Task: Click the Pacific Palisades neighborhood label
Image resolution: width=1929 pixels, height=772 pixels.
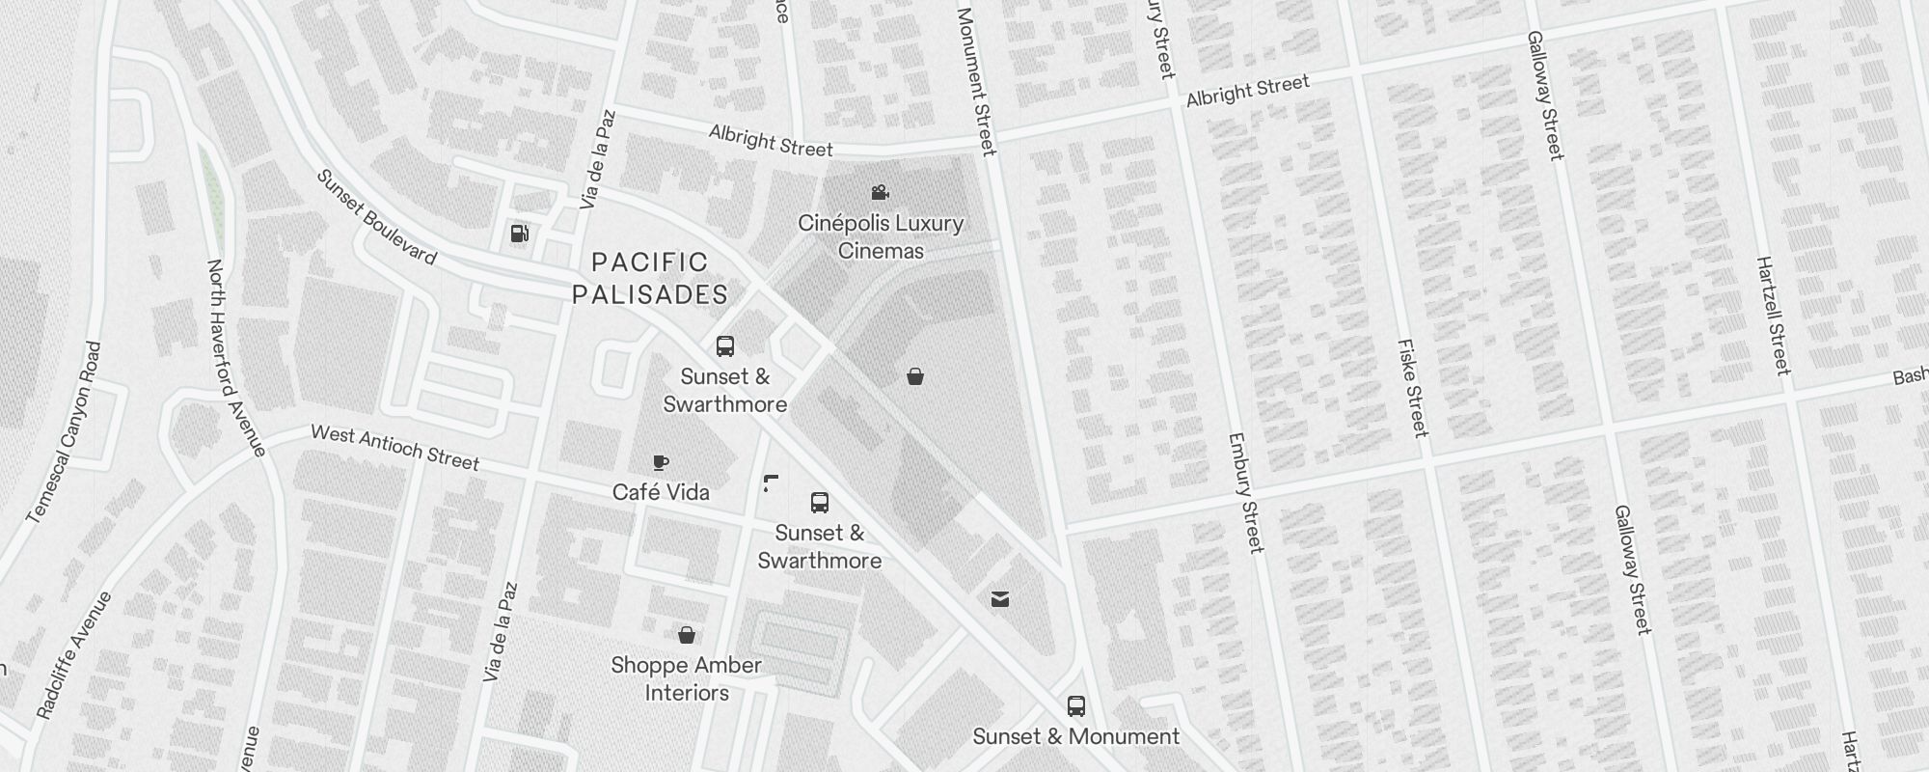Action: click(650, 278)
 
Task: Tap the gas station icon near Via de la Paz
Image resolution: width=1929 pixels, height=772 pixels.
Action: click(520, 234)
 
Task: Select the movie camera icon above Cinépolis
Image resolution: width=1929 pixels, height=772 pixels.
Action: click(880, 193)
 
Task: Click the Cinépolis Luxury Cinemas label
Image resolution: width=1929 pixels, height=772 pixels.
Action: click(881, 236)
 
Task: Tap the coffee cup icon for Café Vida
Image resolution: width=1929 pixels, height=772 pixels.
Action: click(661, 463)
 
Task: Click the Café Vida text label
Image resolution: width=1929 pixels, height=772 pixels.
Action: click(661, 492)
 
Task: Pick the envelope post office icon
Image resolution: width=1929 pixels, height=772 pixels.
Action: click(1000, 600)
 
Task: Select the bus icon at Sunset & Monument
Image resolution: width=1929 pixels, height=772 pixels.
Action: click(1076, 706)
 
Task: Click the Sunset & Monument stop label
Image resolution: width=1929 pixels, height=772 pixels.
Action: click(1075, 736)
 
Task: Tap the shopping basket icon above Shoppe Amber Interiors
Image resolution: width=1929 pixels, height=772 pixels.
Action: click(687, 635)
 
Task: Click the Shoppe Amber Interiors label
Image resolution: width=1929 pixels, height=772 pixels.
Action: click(687, 678)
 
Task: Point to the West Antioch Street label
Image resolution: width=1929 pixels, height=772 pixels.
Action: click(394, 448)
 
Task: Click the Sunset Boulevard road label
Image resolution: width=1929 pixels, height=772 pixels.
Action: click(376, 218)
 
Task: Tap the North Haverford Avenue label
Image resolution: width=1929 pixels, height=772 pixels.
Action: click(236, 358)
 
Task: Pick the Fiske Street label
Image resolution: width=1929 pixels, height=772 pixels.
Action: click(1412, 388)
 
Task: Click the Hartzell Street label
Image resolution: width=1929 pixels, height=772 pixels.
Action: click(1773, 316)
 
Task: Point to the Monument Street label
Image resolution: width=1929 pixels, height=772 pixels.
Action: click(975, 81)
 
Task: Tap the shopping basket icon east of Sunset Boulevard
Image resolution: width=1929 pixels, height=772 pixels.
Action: click(915, 376)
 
